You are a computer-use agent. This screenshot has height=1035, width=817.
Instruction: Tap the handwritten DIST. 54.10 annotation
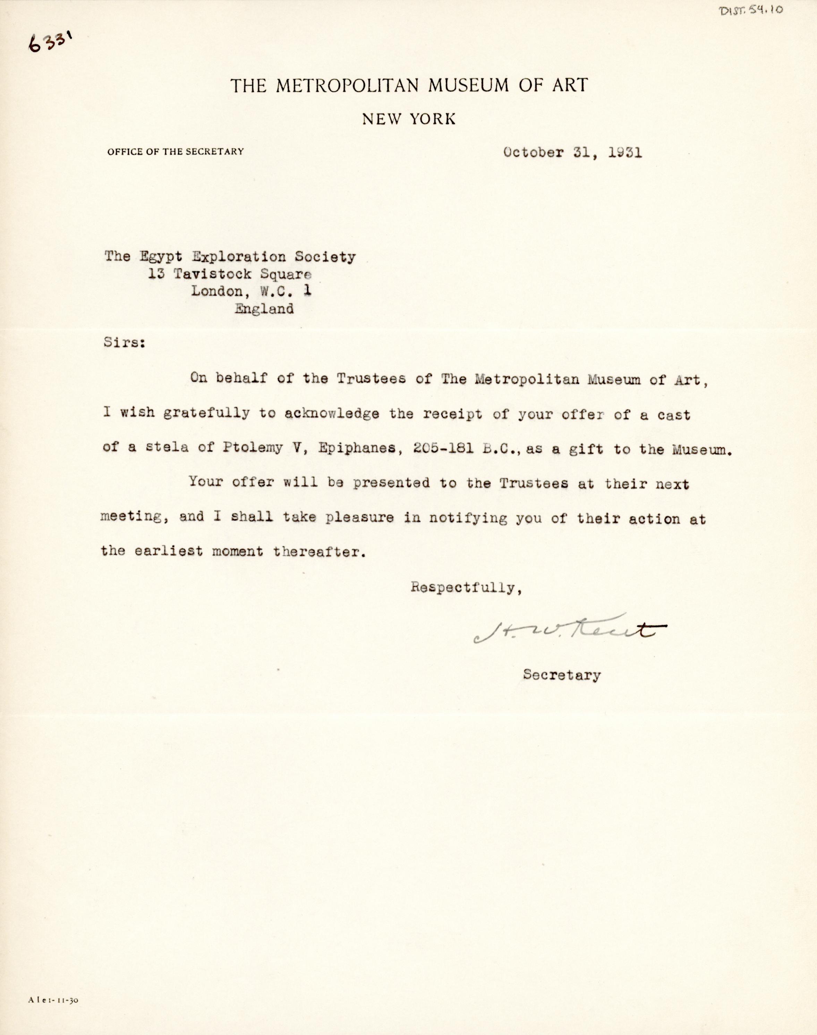[x=751, y=10]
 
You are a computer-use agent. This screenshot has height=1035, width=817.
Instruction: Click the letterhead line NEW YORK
[x=409, y=119]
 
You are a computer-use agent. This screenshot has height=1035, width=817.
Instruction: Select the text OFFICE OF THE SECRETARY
[x=176, y=152]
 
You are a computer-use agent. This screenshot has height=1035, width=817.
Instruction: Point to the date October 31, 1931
[x=572, y=153]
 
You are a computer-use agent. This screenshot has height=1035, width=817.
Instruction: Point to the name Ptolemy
[x=253, y=449]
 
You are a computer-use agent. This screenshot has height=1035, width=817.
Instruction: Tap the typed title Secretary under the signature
[x=562, y=675]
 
